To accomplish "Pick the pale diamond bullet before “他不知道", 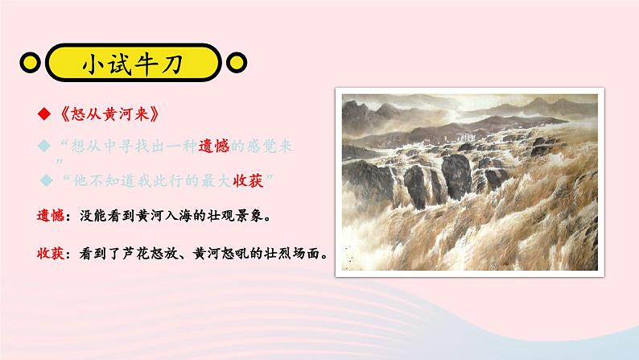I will point(46,178).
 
